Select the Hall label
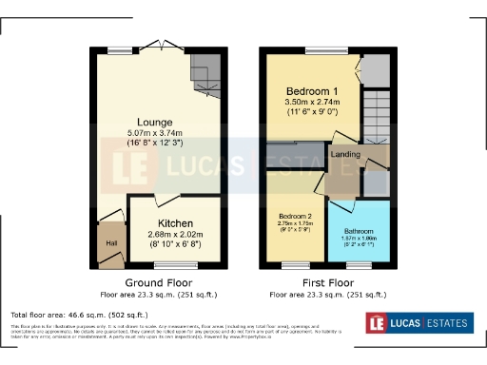click(x=110, y=244)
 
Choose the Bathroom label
click(x=358, y=231)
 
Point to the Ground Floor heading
click(x=159, y=283)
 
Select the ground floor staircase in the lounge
click(x=205, y=73)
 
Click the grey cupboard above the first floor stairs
click(x=377, y=68)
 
